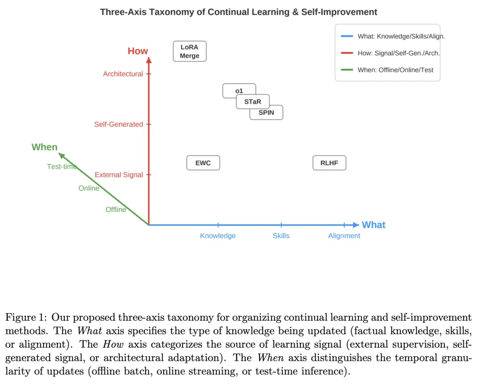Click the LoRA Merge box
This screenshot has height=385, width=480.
point(189,51)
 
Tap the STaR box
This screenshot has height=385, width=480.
point(252,102)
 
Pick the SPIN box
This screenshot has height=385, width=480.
point(266,113)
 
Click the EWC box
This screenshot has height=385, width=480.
point(203,163)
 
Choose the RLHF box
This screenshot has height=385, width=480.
point(329,163)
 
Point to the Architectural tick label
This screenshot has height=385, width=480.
point(123,74)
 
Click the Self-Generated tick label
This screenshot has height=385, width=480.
point(119,124)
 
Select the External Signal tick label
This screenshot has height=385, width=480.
point(119,175)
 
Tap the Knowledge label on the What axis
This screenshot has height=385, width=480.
point(218,236)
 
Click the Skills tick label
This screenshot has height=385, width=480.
point(281,236)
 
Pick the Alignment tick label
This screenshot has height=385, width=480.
point(344,236)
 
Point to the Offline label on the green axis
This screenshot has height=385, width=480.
point(116,210)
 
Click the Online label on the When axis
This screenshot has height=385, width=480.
point(89,188)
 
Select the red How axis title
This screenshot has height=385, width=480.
point(138,51)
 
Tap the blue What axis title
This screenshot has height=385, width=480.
point(373,225)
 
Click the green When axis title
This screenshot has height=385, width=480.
point(44,147)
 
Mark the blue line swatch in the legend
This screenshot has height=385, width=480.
point(347,36)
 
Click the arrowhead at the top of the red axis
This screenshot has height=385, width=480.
point(149,60)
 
